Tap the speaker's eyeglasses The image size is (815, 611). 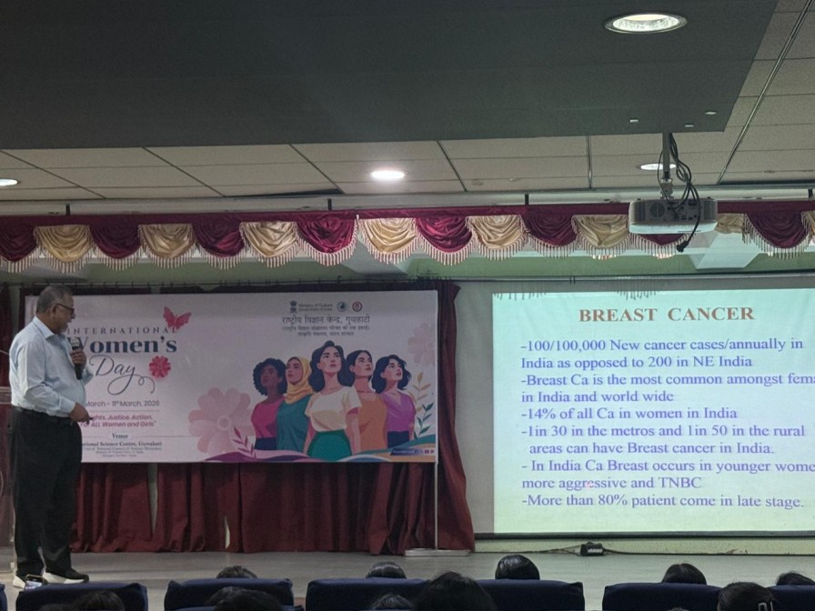pos(65,309)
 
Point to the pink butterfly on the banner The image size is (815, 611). pos(176,319)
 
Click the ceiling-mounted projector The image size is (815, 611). pos(672,215)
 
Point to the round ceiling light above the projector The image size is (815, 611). pos(646,24)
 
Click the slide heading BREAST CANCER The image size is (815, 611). pos(666,315)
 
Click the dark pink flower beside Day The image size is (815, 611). pos(159,366)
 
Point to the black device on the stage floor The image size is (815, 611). pos(591,549)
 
